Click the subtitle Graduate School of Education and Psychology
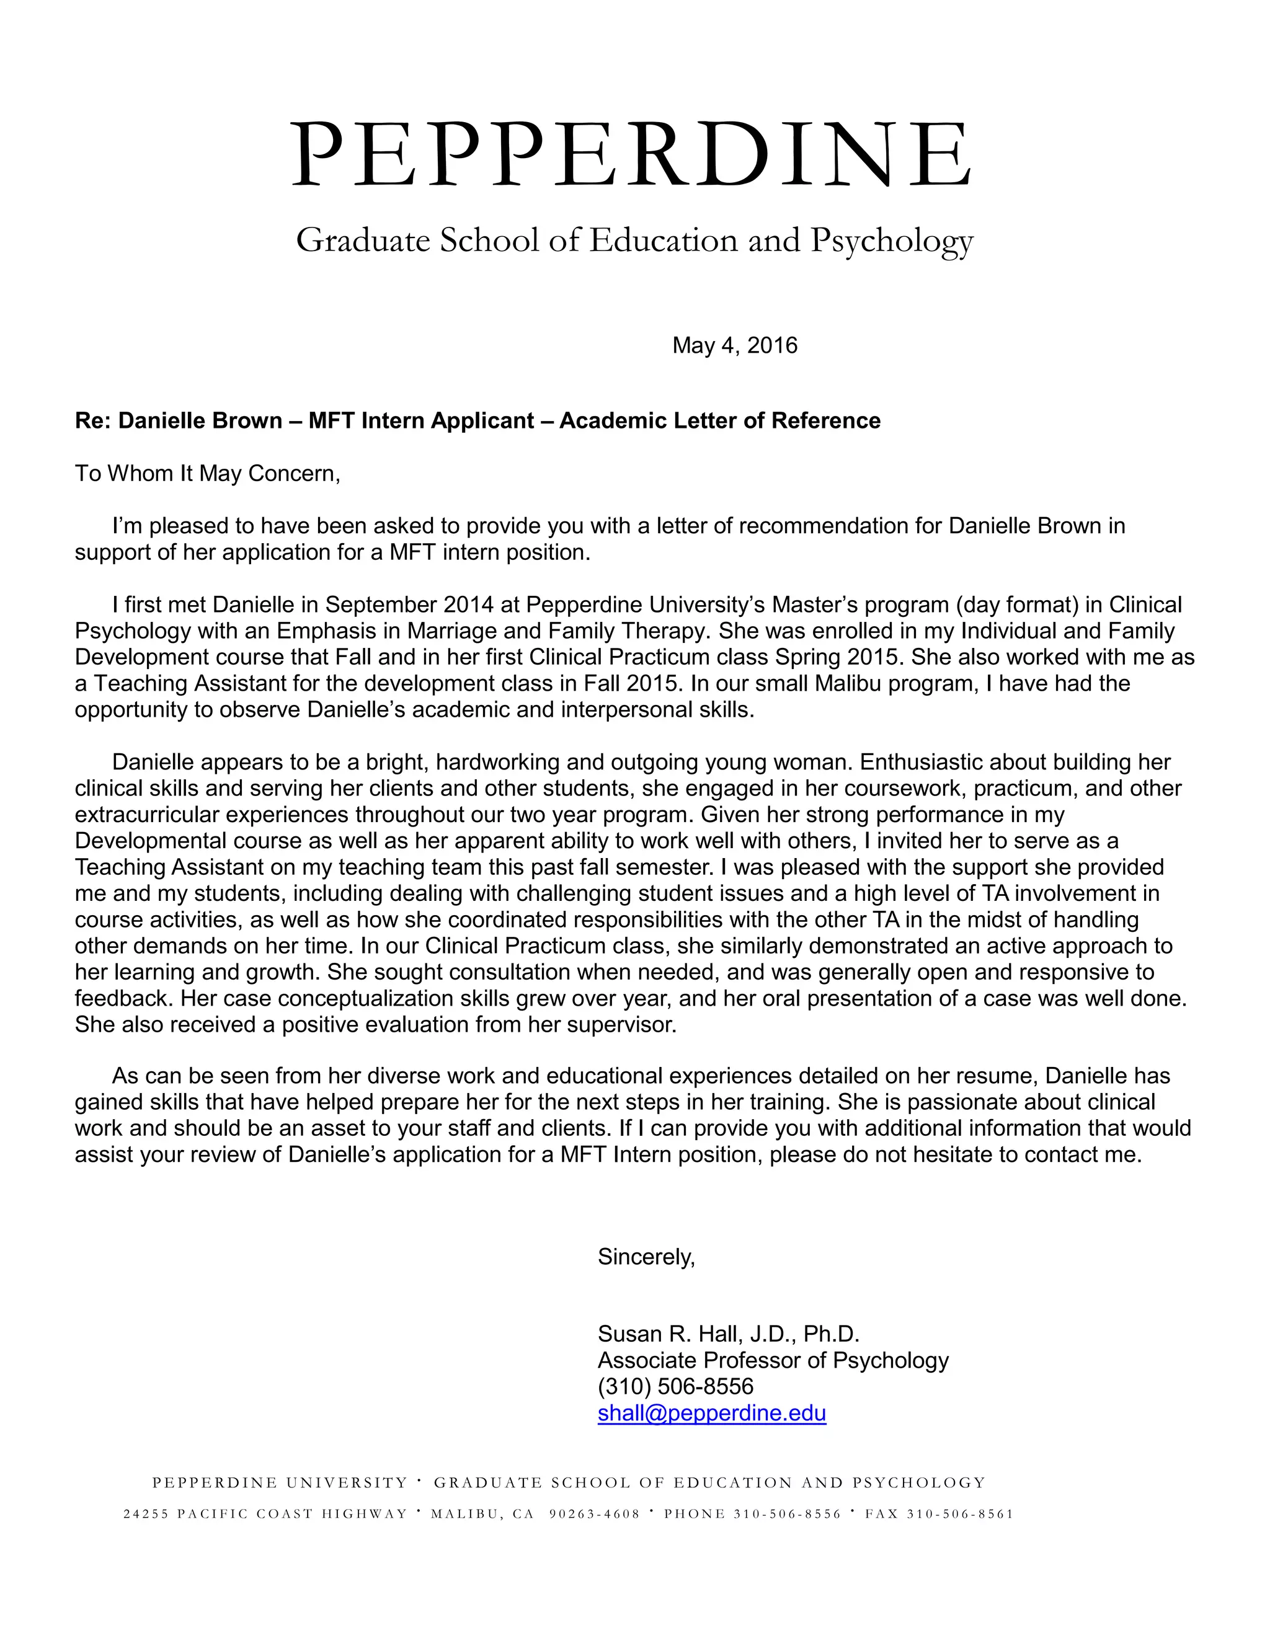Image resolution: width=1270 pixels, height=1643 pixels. (x=634, y=241)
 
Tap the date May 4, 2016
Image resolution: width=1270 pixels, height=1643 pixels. (x=734, y=345)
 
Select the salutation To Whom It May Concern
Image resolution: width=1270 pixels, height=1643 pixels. (x=208, y=473)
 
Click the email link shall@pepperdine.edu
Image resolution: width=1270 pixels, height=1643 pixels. (x=711, y=1413)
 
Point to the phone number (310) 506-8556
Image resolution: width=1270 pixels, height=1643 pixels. (x=675, y=1386)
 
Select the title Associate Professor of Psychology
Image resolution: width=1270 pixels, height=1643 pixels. (x=773, y=1360)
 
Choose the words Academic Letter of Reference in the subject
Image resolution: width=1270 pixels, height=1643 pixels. (x=719, y=420)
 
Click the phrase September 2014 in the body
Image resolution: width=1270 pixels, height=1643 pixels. (x=409, y=605)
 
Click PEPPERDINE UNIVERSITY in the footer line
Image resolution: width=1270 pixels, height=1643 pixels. (x=280, y=1483)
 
